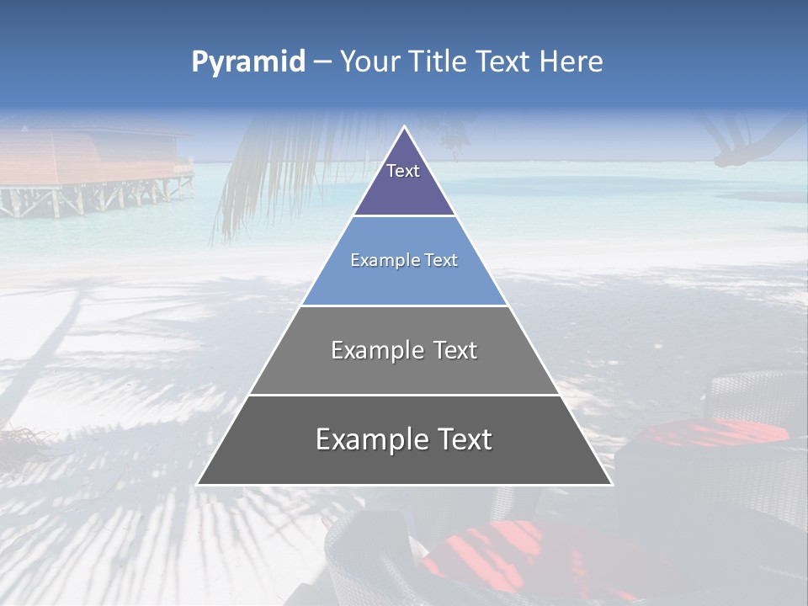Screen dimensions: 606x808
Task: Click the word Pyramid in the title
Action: [x=247, y=62]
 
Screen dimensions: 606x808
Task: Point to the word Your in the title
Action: [x=369, y=61]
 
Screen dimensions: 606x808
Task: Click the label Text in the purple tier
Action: [x=403, y=171]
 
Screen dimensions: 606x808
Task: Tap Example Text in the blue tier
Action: [x=404, y=260]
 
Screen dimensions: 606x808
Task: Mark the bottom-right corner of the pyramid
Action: [x=611, y=484]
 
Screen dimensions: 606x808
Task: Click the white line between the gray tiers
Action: [x=404, y=395]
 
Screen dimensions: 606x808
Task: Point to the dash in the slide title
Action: [x=322, y=62]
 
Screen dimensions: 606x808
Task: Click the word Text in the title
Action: [x=504, y=61]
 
